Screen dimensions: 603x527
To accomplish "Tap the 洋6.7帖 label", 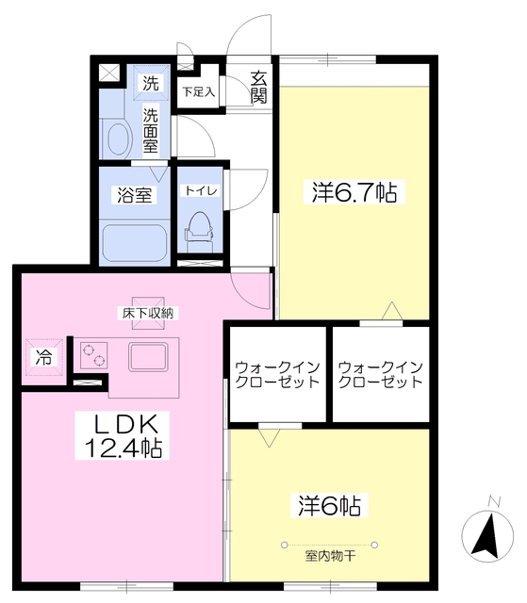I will pyautogui.click(x=354, y=193).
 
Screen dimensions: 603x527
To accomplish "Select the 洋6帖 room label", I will pyautogui.click(x=327, y=506).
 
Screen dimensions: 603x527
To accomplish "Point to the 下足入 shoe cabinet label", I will pyautogui.click(x=199, y=92).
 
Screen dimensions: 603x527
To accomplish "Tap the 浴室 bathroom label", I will pyautogui.click(x=135, y=195).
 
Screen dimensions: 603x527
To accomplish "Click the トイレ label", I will pyautogui.click(x=200, y=190).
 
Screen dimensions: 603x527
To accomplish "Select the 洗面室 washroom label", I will pyautogui.click(x=151, y=130).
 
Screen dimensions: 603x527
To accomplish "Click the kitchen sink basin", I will pyautogui.click(x=148, y=357).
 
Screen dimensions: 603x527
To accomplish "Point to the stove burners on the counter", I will pyautogui.click(x=93, y=355).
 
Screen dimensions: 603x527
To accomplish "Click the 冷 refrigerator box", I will pyautogui.click(x=43, y=356).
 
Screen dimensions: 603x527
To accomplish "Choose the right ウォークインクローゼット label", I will pyautogui.click(x=380, y=374).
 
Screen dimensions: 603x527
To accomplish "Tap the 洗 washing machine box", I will pyautogui.click(x=151, y=83).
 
